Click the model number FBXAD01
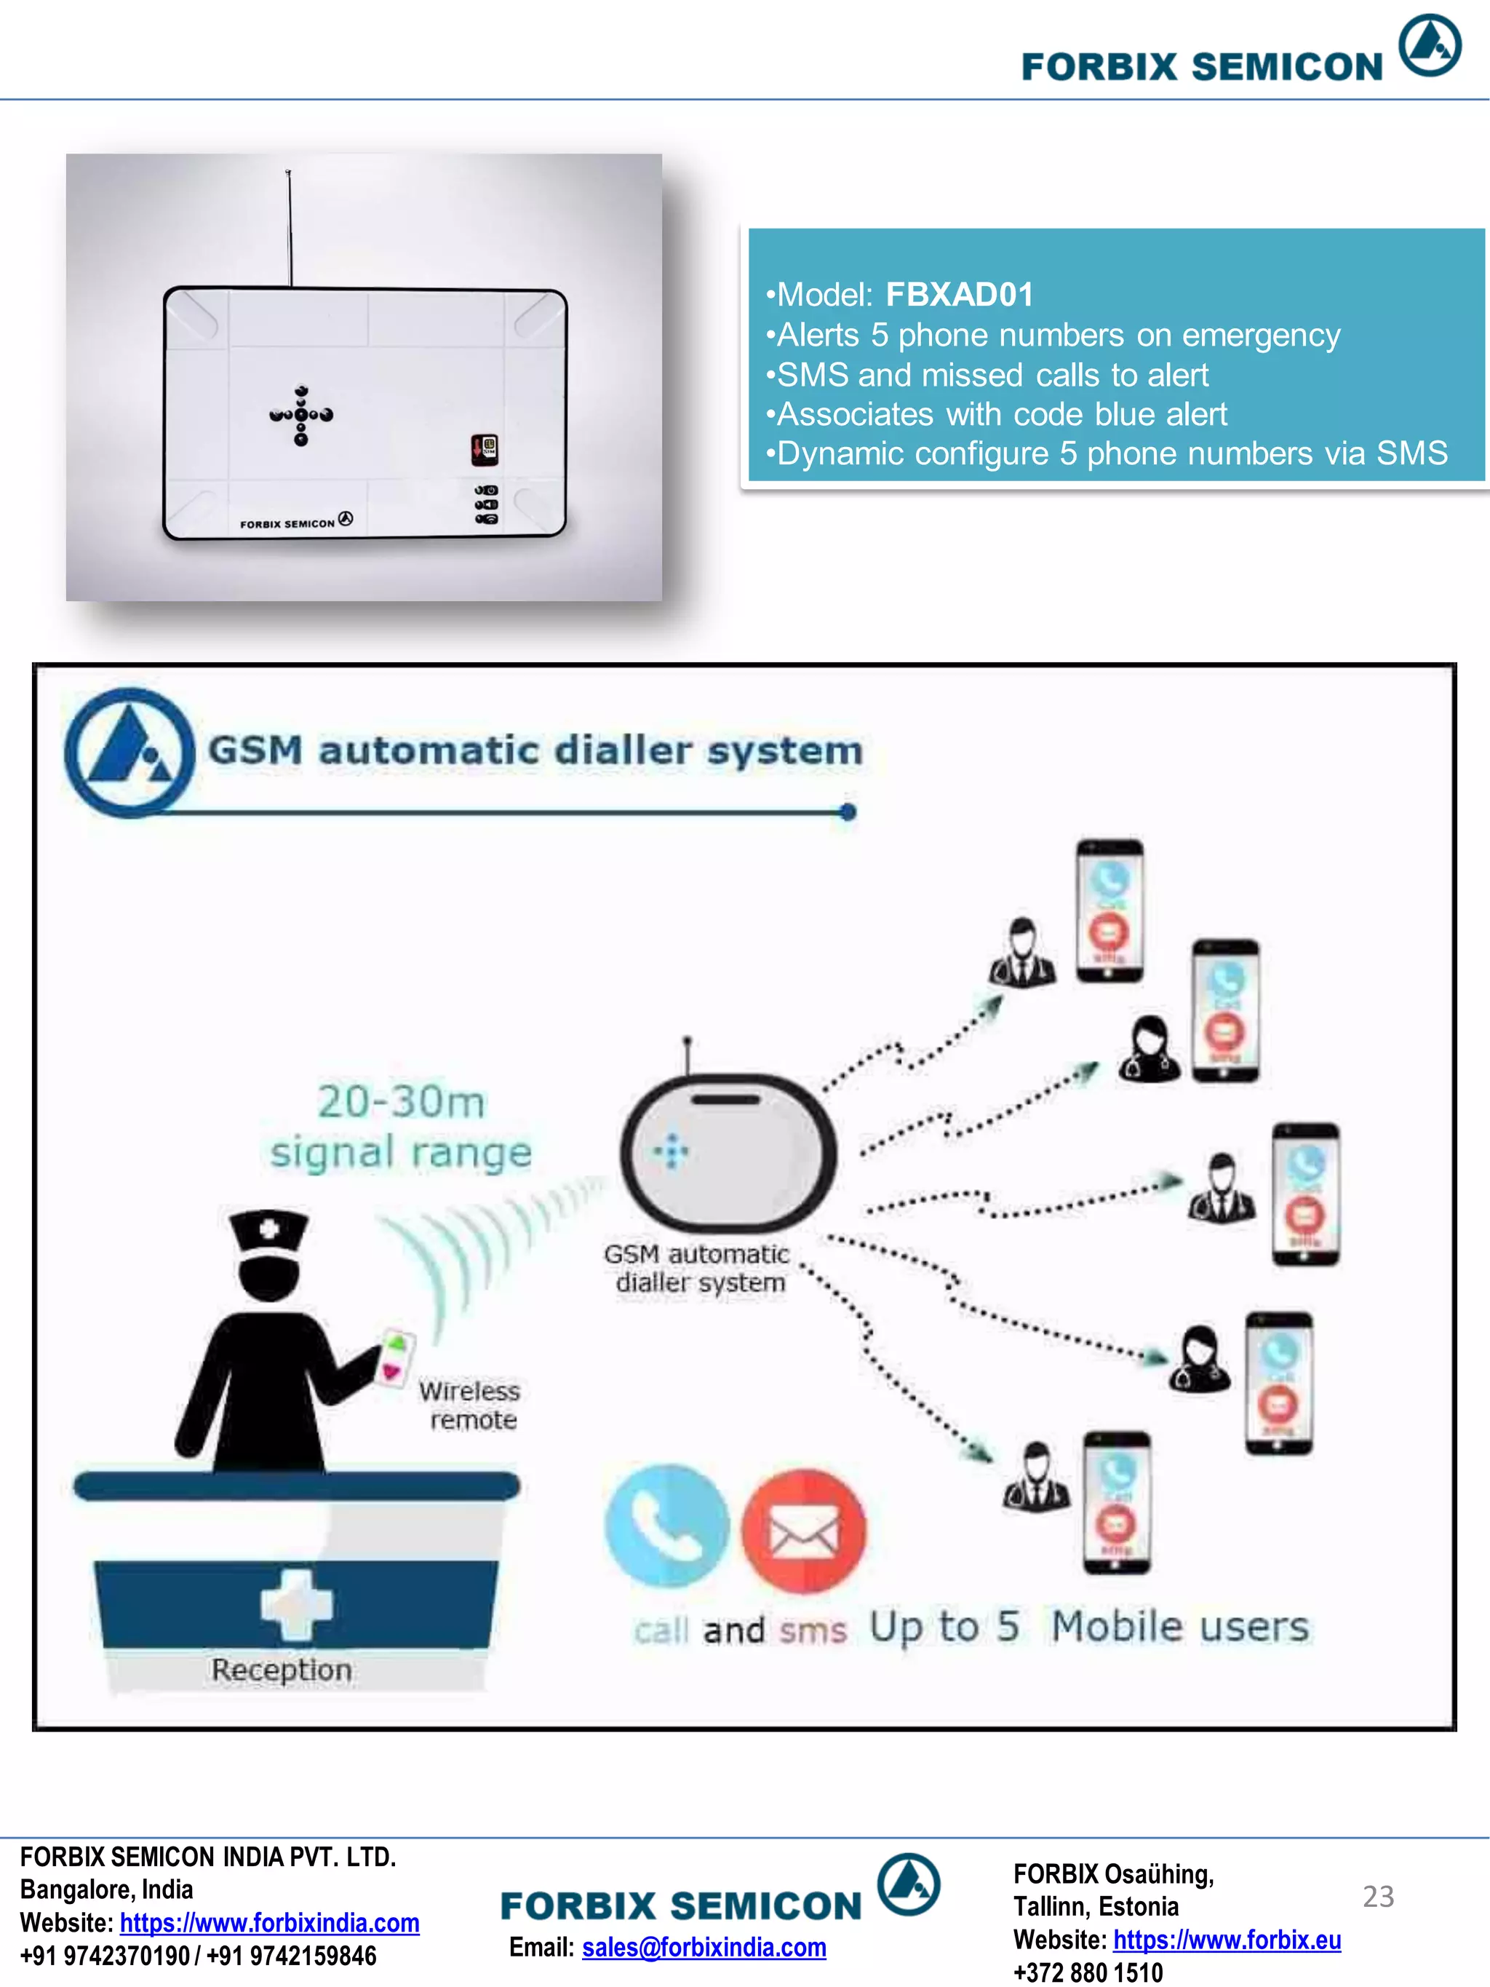(x=959, y=295)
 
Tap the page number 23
(x=1378, y=1895)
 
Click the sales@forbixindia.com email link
(x=704, y=1948)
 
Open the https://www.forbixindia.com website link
(x=269, y=1922)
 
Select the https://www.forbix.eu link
(x=1227, y=1940)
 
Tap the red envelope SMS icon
(x=804, y=1530)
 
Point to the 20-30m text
(x=401, y=1102)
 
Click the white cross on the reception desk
(x=295, y=1604)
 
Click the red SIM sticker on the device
(x=484, y=449)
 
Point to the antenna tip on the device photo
(x=288, y=172)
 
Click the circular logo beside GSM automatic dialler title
(x=130, y=753)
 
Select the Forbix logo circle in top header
(x=1429, y=45)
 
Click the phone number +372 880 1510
(x=1088, y=1972)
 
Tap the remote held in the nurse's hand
(x=395, y=1357)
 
